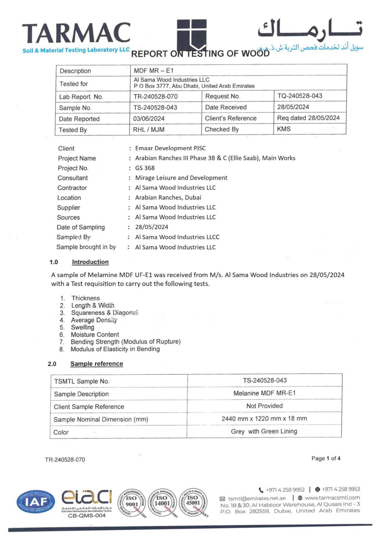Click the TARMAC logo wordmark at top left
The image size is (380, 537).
point(76,33)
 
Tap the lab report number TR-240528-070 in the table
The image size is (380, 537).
point(155,96)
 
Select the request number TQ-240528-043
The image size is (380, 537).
point(300,96)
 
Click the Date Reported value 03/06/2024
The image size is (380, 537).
point(149,119)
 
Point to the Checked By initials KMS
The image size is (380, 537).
point(284,129)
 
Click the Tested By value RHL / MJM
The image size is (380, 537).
point(149,130)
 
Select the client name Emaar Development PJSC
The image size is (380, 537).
point(170,148)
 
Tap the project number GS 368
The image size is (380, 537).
point(145,168)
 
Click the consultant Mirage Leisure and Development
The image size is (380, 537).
point(181,178)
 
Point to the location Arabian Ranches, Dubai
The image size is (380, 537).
point(168,197)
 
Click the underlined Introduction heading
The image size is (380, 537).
point(90,262)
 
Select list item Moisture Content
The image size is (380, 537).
point(95,334)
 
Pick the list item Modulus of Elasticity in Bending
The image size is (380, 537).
point(115,349)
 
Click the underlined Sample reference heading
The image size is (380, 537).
point(97,364)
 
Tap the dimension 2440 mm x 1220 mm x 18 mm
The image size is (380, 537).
point(264,419)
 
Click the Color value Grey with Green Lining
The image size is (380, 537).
point(264,431)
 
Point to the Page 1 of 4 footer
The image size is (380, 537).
point(326,458)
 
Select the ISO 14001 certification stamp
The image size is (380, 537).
point(162,503)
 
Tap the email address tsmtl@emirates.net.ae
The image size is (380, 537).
point(256,498)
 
